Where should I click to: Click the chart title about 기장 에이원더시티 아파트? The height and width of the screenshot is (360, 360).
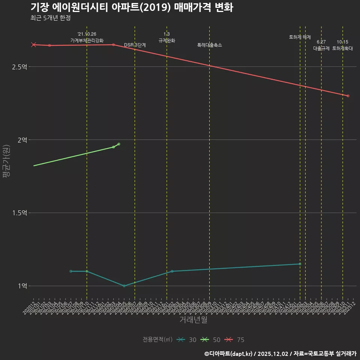pos(132,7)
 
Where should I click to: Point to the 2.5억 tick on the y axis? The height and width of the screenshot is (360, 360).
pos(19,67)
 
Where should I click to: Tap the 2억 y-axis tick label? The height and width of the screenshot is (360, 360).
pos(22,140)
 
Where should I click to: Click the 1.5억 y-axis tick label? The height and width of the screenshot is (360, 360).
pos(19,213)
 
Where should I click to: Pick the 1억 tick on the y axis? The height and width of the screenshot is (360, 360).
pos(22,286)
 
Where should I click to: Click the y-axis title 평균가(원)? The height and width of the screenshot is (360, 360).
pos(6,162)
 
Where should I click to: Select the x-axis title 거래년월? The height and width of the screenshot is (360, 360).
pos(193,320)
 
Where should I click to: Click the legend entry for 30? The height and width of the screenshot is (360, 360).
pos(187,340)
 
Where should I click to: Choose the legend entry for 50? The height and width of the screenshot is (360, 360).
pos(211,340)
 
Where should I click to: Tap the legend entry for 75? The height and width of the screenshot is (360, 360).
pos(235,340)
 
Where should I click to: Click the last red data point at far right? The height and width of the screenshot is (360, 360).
pos(348,96)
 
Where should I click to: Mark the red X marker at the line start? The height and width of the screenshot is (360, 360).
pos(34,45)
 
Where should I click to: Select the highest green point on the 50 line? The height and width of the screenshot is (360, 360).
pos(119,144)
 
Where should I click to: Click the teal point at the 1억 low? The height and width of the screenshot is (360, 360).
pos(124,286)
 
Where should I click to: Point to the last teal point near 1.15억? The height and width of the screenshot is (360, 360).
pos(300,264)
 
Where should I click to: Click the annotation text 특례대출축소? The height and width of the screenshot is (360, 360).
pos(210,45)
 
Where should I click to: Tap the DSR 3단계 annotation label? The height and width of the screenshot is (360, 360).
pos(135,45)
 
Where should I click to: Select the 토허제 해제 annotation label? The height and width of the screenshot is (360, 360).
pos(300,37)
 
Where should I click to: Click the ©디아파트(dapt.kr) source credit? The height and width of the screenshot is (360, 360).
pos(229,354)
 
